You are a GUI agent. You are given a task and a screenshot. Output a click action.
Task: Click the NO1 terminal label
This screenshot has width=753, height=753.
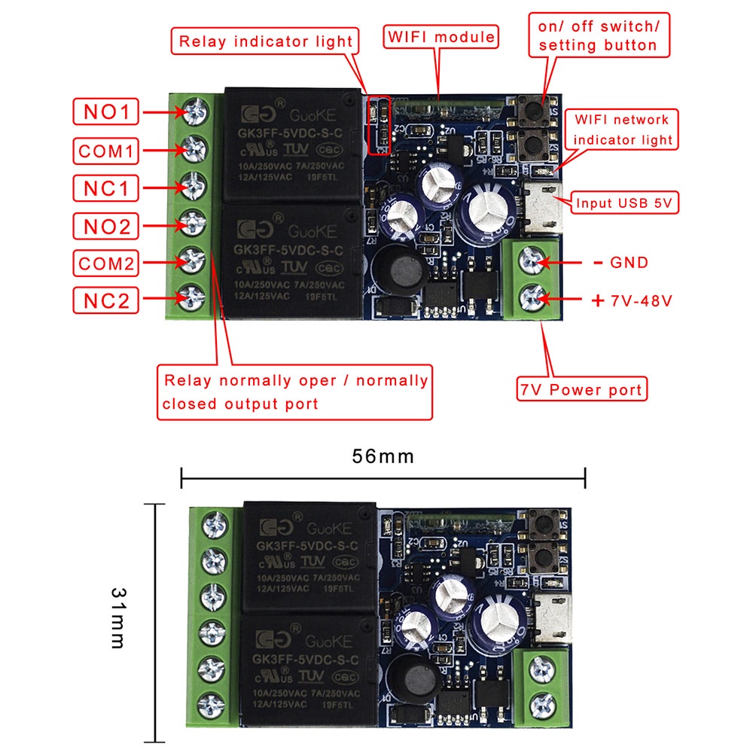tap(106, 112)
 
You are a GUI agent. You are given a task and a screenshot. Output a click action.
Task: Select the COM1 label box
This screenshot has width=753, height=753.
tap(106, 151)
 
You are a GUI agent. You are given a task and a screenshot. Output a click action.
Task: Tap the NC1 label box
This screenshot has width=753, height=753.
tap(106, 188)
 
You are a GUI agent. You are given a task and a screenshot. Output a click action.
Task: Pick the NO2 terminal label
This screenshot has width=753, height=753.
tap(106, 225)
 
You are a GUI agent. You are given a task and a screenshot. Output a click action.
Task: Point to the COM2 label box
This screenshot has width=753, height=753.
tap(106, 263)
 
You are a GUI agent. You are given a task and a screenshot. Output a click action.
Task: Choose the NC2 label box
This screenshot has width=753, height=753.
tap(106, 300)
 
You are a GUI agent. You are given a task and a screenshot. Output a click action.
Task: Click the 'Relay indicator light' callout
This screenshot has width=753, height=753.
tap(264, 41)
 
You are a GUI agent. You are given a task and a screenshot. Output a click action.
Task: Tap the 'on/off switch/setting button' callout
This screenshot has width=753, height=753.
tap(599, 35)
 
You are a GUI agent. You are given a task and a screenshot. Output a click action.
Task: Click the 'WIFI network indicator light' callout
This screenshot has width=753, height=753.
tap(623, 130)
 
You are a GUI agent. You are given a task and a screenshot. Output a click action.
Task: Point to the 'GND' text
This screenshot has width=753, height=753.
tap(630, 263)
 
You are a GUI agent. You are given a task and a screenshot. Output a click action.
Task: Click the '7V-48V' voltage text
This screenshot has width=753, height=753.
tap(641, 300)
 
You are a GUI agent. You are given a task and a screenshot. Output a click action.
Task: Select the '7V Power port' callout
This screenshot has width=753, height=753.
tap(581, 389)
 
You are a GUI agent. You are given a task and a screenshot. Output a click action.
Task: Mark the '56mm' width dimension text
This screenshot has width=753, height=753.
tap(383, 456)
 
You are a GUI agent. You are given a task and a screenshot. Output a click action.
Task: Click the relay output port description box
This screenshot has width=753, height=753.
tap(295, 392)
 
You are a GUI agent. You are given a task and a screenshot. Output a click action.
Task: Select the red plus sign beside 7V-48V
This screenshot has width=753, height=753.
tap(598, 300)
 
